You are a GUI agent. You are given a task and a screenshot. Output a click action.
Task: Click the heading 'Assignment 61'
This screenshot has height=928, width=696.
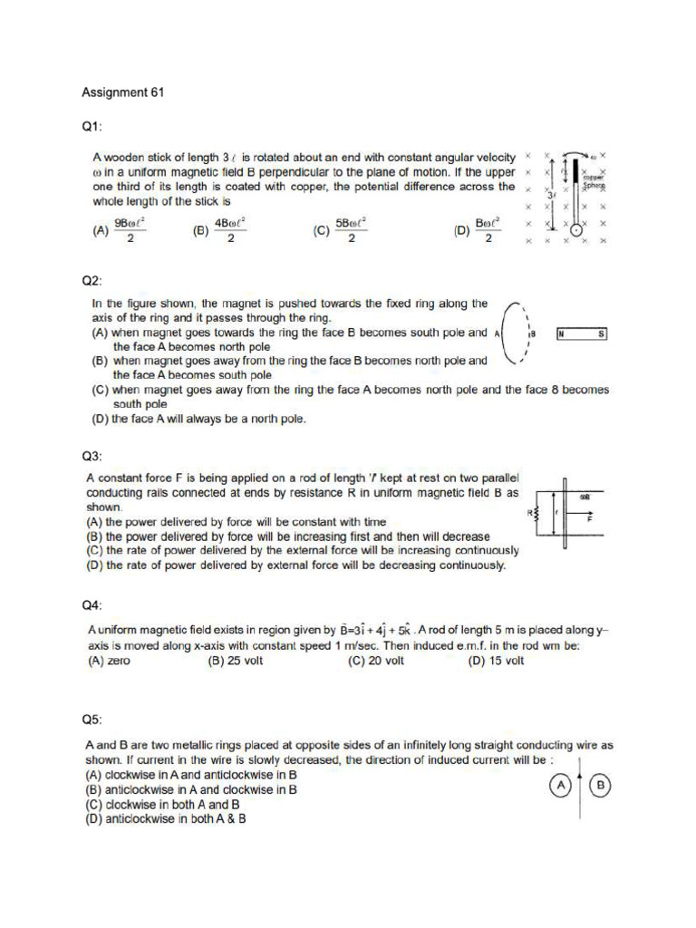123,92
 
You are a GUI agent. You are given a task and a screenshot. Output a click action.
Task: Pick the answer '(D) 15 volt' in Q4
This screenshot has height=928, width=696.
496,661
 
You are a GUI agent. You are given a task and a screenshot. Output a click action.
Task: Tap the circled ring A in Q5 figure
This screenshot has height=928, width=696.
562,786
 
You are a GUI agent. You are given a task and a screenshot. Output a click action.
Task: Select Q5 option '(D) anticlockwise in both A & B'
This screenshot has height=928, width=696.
166,818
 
